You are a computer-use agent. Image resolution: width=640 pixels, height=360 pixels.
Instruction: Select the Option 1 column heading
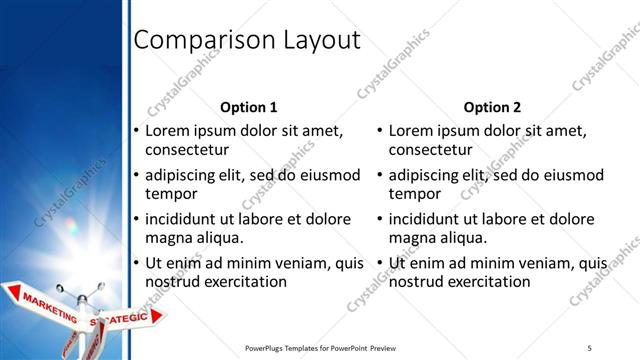[x=247, y=107]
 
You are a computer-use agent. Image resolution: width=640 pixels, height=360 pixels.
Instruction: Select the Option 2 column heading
[x=492, y=107]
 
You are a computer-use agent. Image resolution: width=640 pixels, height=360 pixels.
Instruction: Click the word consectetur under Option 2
[x=431, y=150]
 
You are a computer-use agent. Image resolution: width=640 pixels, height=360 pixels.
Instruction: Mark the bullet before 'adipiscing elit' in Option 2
[x=380, y=175]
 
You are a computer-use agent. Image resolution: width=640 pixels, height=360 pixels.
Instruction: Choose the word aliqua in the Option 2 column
[x=461, y=238]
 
